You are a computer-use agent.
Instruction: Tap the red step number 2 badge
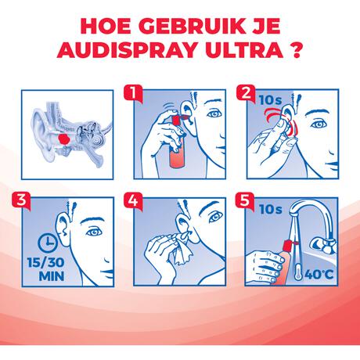point(247,95)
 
